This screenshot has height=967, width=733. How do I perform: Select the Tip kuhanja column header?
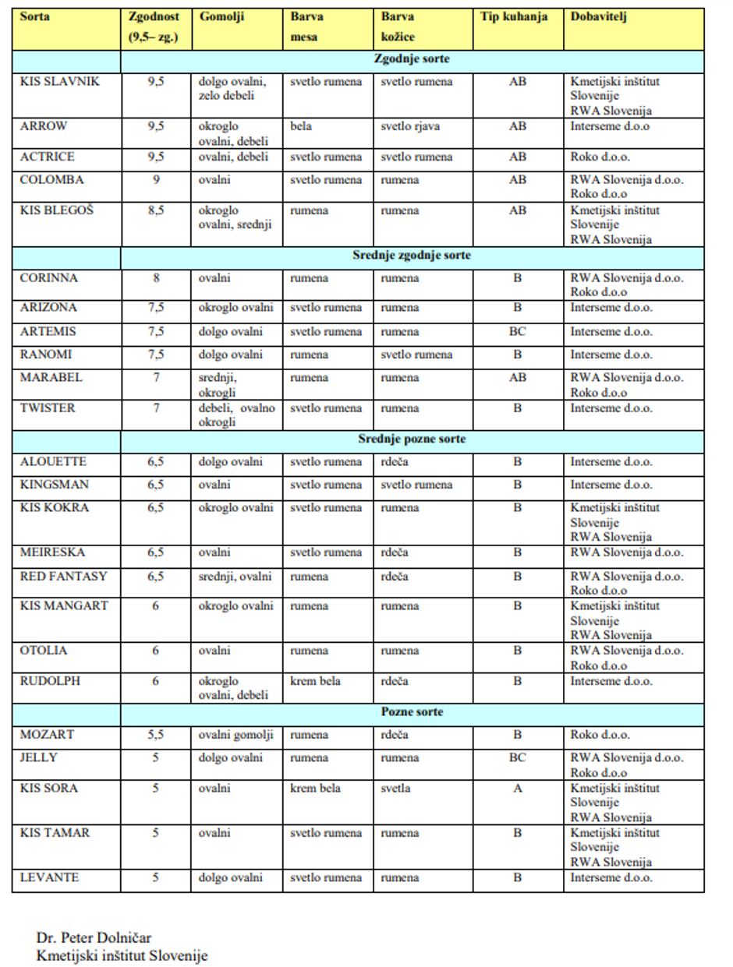(515, 18)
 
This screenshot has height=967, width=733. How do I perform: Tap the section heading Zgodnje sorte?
(411, 58)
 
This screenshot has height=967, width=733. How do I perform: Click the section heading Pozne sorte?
(412, 712)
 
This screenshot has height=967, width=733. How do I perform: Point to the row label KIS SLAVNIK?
(60, 82)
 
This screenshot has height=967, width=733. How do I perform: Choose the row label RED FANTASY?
(64, 577)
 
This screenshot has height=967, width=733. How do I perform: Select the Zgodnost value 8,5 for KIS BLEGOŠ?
(155, 210)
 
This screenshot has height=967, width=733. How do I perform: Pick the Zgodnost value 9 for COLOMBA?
(155, 180)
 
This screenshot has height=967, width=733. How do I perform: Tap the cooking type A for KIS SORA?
(518, 789)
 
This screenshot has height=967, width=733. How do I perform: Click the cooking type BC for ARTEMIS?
(518, 332)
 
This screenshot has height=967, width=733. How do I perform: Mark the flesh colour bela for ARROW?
(300, 126)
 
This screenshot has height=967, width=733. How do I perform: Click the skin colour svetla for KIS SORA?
(396, 789)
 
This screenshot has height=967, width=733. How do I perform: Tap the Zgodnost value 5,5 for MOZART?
(155, 735)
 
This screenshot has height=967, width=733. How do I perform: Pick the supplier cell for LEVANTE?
(611, 878)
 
